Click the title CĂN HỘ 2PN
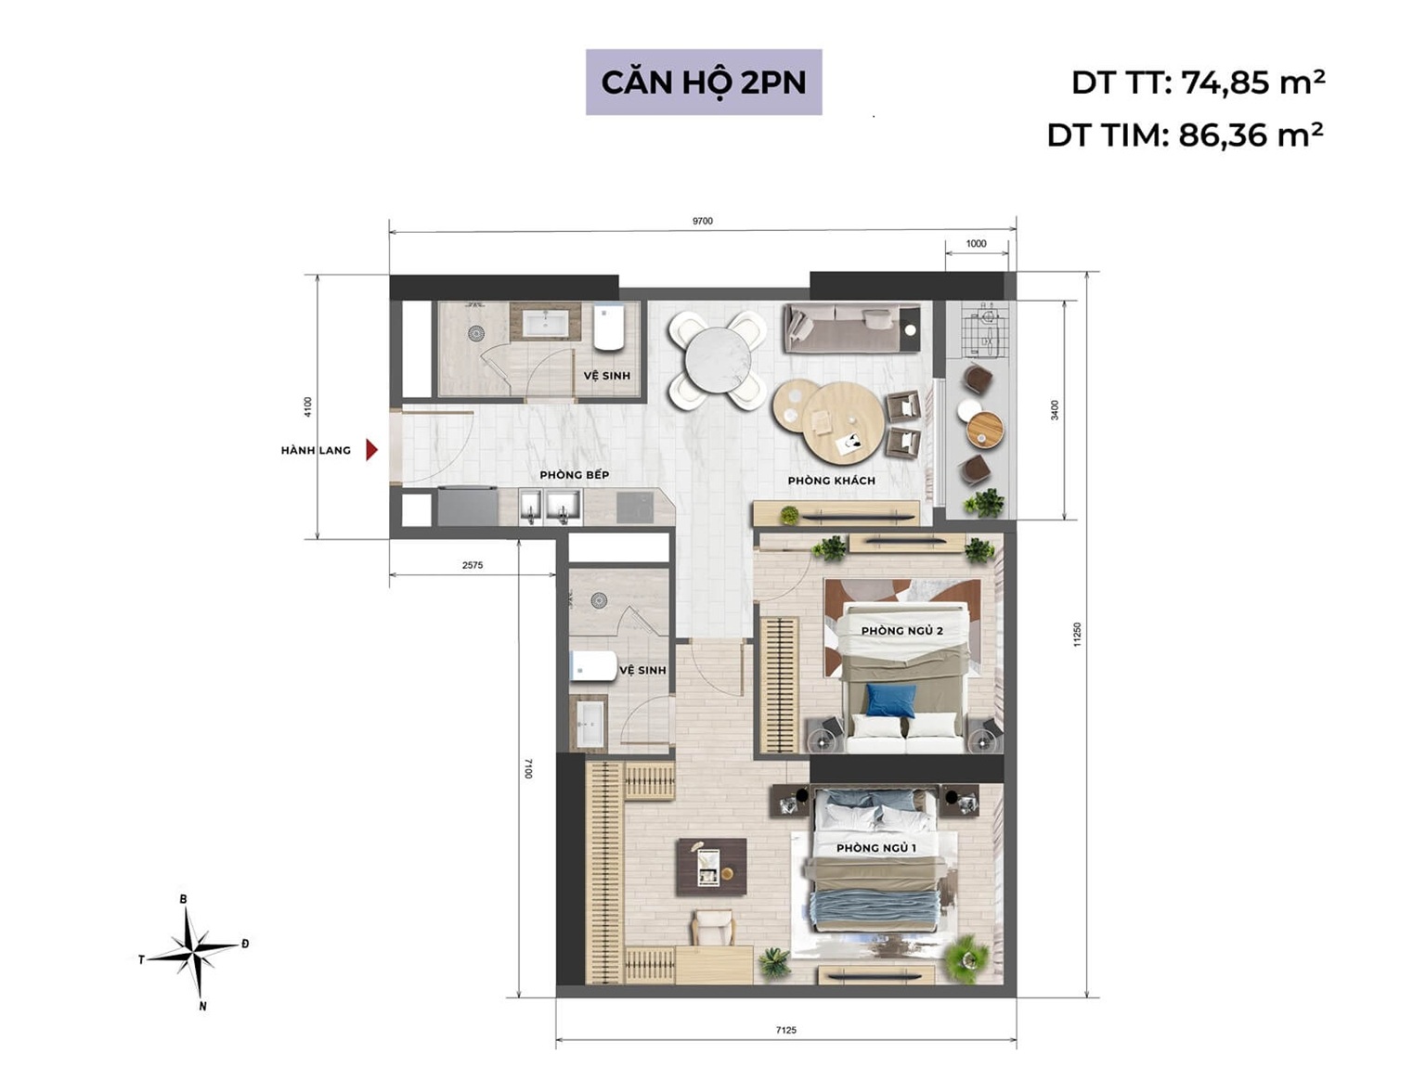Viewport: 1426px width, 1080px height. [703, 83]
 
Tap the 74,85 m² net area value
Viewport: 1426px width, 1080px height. [1253, 83]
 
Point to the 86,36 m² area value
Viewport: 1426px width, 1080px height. [1251, 135]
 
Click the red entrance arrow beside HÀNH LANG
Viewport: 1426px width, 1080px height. [371, 450]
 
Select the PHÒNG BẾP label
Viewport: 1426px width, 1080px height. [574, 475]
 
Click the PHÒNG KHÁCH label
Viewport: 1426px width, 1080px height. [831, 481]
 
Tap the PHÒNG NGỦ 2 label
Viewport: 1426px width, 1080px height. [901, 631]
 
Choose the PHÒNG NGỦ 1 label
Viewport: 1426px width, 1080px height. [875, 848]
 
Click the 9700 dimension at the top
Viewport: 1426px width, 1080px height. [703, 221]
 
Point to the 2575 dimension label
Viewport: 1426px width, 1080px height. [472, 565]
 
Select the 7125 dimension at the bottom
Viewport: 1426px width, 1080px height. [785, 1030]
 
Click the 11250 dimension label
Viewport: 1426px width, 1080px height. [1077, 635]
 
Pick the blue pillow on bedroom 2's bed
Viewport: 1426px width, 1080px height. [889, 701]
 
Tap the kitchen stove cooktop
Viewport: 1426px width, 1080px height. [634, 507]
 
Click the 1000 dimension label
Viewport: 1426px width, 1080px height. [976, 244]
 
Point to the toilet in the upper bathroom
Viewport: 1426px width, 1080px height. [608, 327]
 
